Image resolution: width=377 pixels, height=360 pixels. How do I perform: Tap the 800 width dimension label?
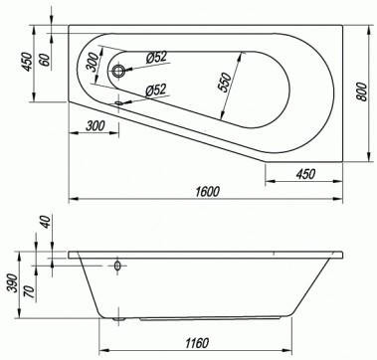(x=362, y=91)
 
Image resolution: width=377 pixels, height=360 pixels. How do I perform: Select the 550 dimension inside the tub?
(x=225, y=82)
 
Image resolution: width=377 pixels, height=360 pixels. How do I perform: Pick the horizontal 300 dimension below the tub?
(x=95, y=126)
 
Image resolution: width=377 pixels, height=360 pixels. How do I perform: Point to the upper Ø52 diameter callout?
(x=156, y=58)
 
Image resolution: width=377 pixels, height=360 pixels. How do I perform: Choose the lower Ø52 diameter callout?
(x=156, y=90)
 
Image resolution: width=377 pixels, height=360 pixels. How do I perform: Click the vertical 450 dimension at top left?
(x=27, y=62)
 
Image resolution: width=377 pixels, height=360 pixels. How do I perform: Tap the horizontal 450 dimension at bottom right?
(x=305, y=174)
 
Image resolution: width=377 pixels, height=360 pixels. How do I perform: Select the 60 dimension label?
(x=46, y=60)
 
